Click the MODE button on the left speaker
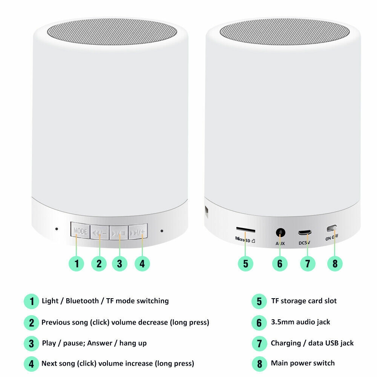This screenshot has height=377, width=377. coord(80,230)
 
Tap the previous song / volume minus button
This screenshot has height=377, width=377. coord(100,232)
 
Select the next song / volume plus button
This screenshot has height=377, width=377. coord(138,231)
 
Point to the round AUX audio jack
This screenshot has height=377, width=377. coord(280,233)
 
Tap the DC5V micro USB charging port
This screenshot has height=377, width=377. coord(305,233)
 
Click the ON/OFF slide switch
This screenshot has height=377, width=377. coord(331,228)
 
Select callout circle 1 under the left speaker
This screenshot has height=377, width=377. coord(77,264)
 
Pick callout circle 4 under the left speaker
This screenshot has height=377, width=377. coord(142,264)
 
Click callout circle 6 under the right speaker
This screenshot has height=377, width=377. coord(280,264)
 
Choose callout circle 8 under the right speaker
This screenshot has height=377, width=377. coord(335,264)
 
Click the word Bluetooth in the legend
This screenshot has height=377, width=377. coord(82,301)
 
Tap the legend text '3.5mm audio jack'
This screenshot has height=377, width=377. coord(300,322)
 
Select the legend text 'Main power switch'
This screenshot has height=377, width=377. coord(303,363)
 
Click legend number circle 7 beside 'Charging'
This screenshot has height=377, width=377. coord(259,343)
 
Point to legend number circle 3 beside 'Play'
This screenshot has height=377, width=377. coord(32,343)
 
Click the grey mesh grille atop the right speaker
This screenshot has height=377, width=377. coord(285,32)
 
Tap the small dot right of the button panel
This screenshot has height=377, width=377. coord(162,231)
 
